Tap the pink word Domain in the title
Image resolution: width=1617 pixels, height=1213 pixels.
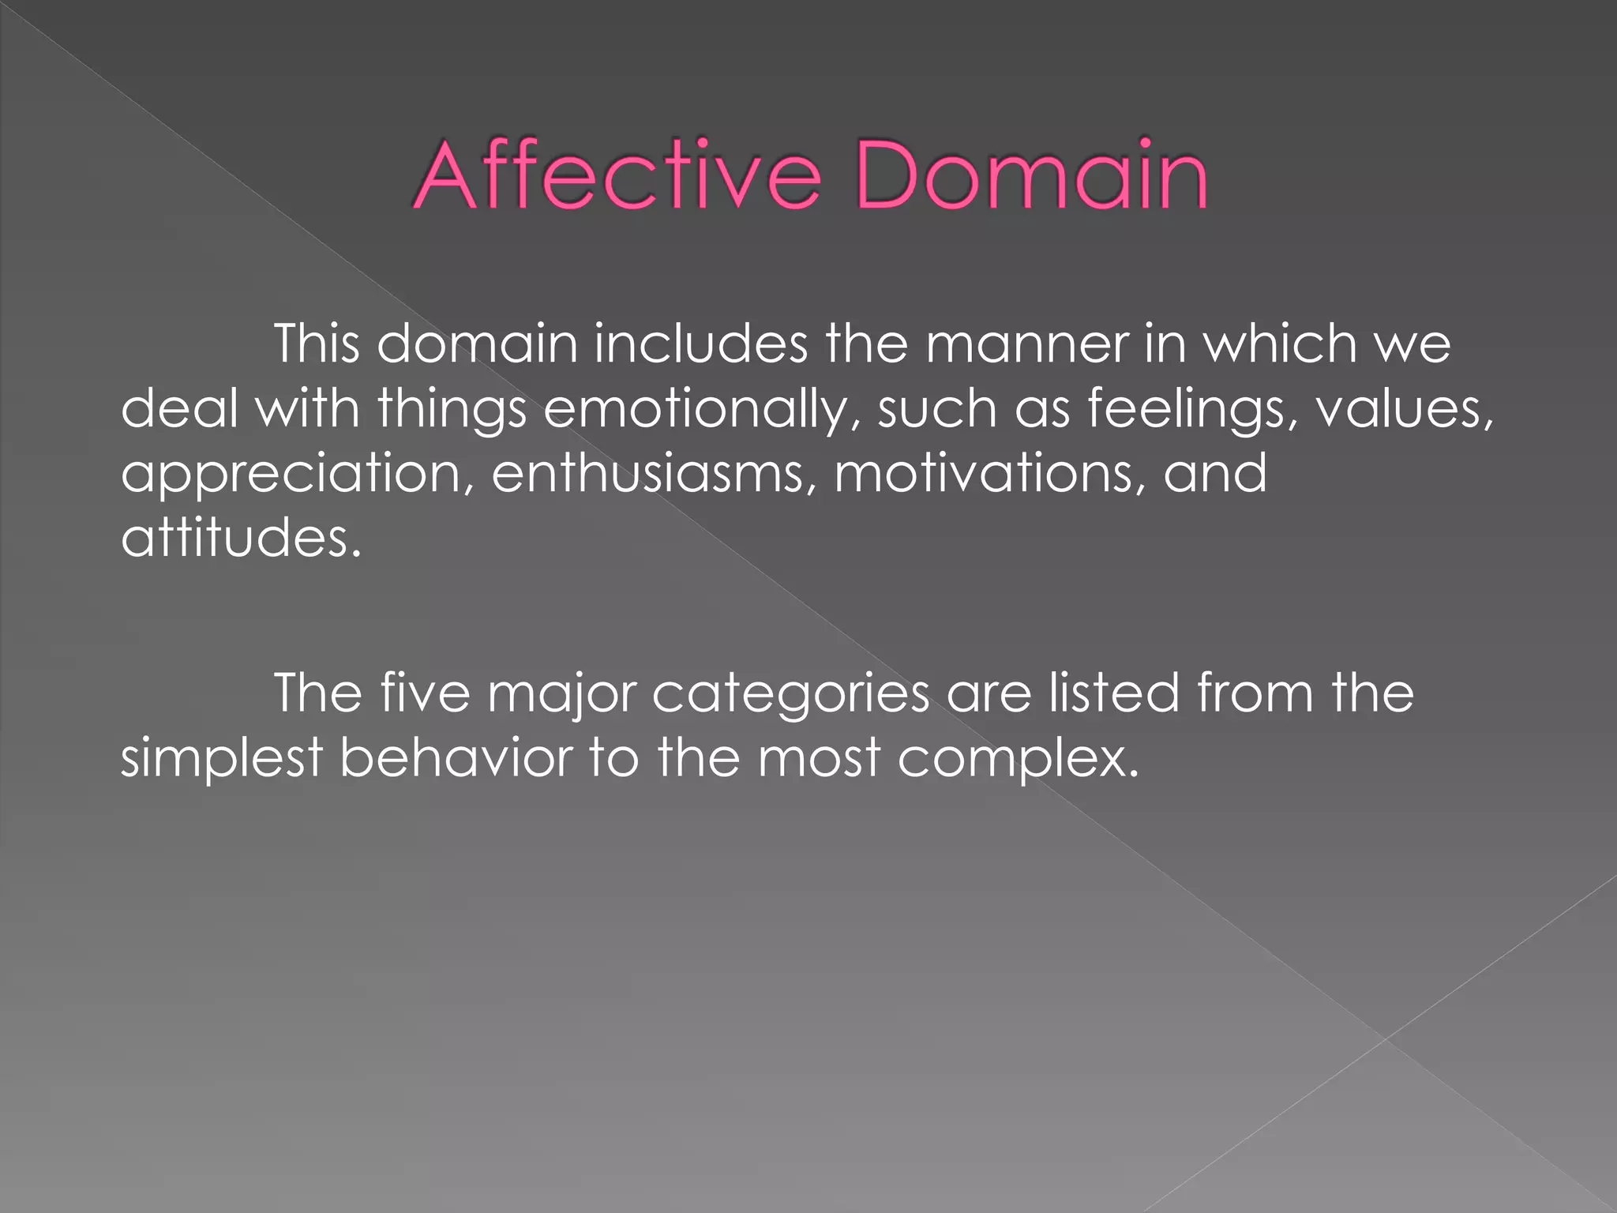pos(1031,175)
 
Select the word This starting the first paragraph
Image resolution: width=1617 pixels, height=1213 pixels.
pos(317,344)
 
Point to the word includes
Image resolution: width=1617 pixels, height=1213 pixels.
pos(701,344)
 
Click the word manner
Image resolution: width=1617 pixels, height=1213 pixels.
pos(1026,346)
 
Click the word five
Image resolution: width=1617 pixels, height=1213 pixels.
pos(426,693)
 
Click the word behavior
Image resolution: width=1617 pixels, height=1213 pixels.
pos(456,758)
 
